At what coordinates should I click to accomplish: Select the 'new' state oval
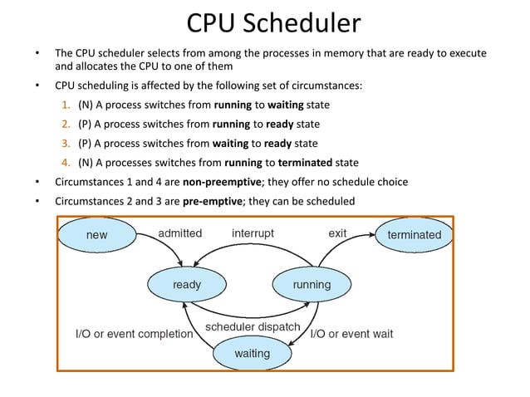96,235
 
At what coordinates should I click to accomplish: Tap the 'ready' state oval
187,285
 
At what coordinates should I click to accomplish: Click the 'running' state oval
312,285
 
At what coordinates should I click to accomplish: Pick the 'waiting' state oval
252,354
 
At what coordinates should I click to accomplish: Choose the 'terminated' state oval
415,235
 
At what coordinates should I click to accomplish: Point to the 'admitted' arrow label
179,233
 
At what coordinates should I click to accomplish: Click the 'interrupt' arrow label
253,233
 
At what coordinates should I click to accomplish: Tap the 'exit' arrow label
337,233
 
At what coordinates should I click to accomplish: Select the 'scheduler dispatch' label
253,327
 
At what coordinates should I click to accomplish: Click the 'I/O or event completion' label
134,335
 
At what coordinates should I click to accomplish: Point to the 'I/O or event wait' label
351,335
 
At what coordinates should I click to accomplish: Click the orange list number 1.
66,105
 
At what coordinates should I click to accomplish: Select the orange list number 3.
66,143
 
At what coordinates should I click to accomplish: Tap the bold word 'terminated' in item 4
304,162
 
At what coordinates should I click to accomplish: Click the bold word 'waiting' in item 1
285,105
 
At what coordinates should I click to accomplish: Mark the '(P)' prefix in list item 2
85,125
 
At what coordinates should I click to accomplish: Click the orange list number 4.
66,162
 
